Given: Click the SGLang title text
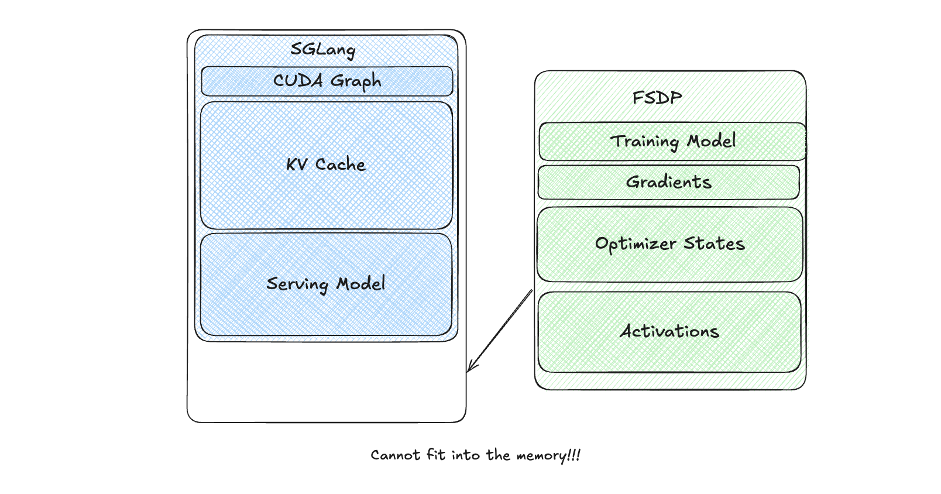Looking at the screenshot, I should pos(323,49).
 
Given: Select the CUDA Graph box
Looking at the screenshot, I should pos(327,81).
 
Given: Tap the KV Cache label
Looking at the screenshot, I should pos(326,164).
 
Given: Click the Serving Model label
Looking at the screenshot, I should pos(326,284).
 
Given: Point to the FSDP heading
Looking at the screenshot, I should pos(657,98).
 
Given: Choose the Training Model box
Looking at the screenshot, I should pos(672,141).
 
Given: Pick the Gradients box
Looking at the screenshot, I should pos(668,182).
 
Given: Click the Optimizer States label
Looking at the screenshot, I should pos(669,243).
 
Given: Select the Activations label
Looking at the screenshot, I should pos(669,331).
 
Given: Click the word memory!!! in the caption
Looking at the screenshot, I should pos(548,455).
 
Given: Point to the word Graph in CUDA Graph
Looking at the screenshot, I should pos(356,81).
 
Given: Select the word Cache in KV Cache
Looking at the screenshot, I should pos(341,164).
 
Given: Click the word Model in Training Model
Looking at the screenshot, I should pos(712,141).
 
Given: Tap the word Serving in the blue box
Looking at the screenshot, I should pos(297,284).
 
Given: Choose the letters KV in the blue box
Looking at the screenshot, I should pos(297,165).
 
